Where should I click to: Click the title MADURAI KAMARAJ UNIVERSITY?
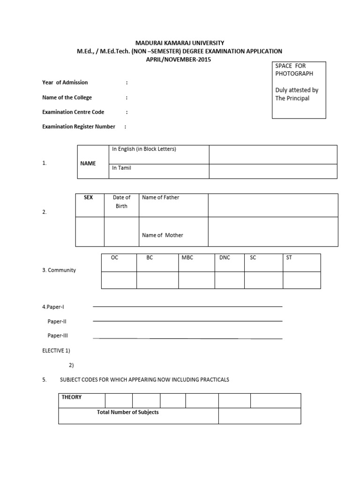point(180,43)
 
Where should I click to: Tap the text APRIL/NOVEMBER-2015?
point(180,60)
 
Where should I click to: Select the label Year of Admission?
point(65,82)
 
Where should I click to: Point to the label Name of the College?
point(67,97)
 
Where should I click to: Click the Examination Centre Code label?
point(73,112)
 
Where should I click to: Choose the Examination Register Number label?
point(79,127)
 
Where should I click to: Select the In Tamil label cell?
point(121,168)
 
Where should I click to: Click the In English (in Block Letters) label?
point(144,149)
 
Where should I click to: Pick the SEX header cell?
point(89,198)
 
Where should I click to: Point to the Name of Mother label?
point(163,235)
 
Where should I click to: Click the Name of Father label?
point(161,198)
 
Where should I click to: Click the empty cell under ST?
point(301,280)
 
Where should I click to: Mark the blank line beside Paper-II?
point(187,321)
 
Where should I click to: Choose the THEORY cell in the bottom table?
point(72,397)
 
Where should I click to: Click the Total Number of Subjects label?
point(127,412)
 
